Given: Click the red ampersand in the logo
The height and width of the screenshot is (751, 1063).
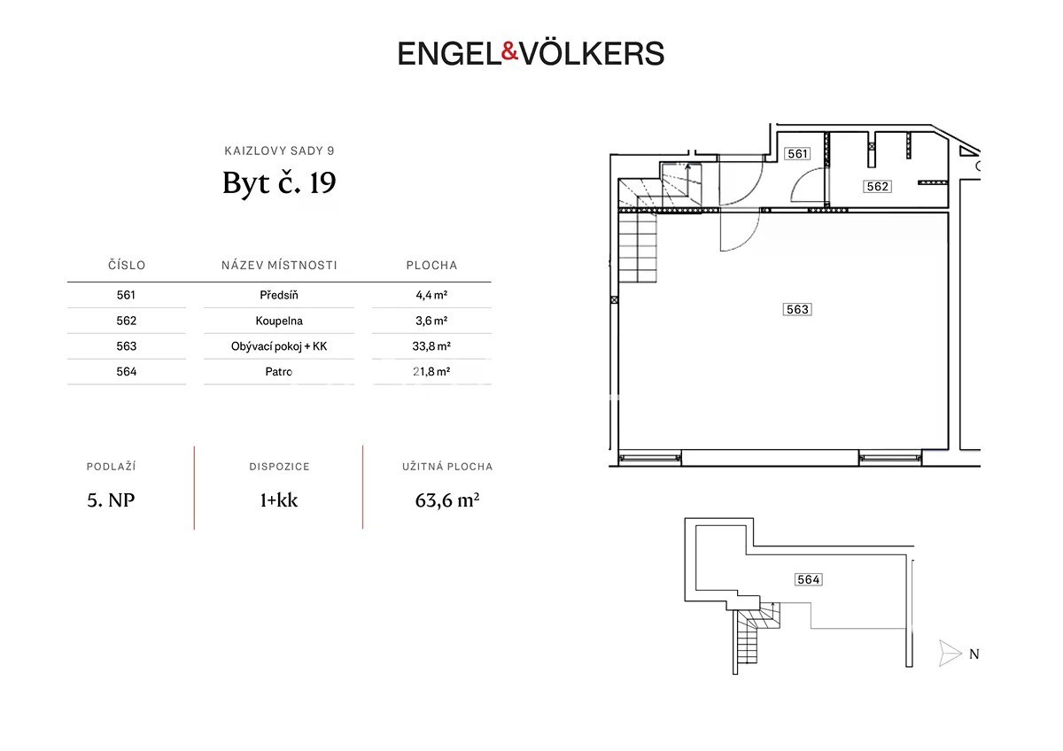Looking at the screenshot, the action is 509,51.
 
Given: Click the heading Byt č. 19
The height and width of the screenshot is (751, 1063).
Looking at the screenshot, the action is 279,182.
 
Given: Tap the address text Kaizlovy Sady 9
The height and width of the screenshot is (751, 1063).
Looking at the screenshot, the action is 279,151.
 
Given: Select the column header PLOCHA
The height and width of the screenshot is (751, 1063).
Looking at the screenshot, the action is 431,265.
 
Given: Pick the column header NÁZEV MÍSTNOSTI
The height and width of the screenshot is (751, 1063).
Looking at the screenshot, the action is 279,265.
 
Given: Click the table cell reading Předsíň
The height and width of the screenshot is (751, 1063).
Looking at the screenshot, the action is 279,295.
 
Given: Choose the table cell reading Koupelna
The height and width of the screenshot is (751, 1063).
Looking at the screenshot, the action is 279,321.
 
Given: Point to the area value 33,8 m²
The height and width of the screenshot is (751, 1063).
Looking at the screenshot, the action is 431,346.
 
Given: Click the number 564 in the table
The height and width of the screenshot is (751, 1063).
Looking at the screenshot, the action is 126,371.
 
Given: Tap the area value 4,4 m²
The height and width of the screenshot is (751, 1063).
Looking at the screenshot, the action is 431,295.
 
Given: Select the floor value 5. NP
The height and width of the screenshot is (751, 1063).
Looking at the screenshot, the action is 111,500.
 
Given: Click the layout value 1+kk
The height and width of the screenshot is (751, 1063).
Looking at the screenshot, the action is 279,500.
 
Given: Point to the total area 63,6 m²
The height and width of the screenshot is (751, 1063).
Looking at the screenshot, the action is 447,500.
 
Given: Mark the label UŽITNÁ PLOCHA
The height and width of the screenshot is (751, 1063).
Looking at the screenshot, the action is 447,467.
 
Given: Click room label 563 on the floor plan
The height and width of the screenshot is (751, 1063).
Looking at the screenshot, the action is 797,309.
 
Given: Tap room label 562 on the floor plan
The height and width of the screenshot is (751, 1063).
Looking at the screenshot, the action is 877,187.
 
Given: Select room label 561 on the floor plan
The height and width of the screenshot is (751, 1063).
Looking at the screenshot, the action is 797,154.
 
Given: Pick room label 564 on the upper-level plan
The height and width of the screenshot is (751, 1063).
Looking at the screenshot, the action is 808,579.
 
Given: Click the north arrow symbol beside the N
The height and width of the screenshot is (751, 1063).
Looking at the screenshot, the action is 950,654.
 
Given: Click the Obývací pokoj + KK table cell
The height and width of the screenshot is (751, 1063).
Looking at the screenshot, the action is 279,346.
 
